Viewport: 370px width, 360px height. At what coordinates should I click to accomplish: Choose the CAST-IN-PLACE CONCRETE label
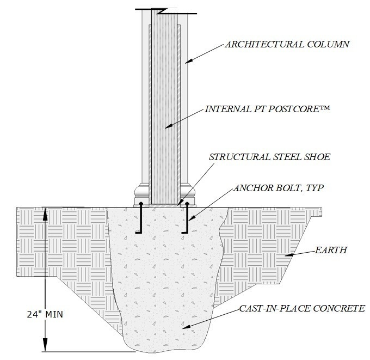[x=294, y=308]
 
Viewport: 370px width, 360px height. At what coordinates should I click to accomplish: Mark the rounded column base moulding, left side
[x=141, y=192]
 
